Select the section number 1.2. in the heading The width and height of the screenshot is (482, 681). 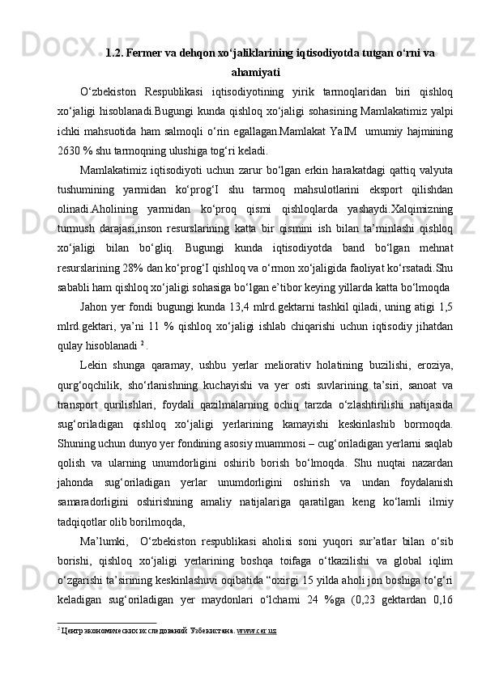pyautogui.click(x=117, y=53)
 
